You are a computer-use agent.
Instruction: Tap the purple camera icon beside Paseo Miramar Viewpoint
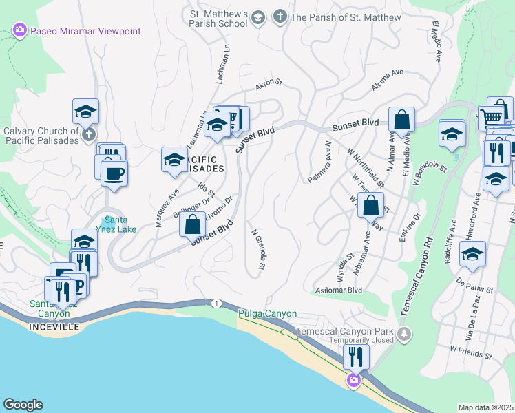pyautogui.click(x=19, y=30)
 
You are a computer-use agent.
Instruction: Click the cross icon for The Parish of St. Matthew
pyautogui.click(x=280, y=16)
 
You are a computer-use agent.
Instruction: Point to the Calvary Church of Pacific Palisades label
pyautogui.click(x=41, y=136)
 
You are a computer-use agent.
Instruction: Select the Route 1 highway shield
pyautogui.click(x=216, y=304)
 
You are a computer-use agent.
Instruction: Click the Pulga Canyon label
pyautogui.click(x=267, y=314)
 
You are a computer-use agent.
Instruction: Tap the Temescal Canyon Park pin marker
pyautogui.click(x=405, y=335)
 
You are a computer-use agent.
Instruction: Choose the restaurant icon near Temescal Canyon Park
pyautogui.click(x=356, y=356)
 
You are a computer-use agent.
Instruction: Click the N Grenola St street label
pyautogui.click(x=258, y=249)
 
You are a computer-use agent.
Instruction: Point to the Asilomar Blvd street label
pyautogui.click(x=339, y=290)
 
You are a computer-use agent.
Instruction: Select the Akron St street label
pyautogui.click(x=269, y=85)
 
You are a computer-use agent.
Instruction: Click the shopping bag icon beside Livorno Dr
pyautogui.click(x=193, y=224)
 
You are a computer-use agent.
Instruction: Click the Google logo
pyautogui.click(x=23, y=405)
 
